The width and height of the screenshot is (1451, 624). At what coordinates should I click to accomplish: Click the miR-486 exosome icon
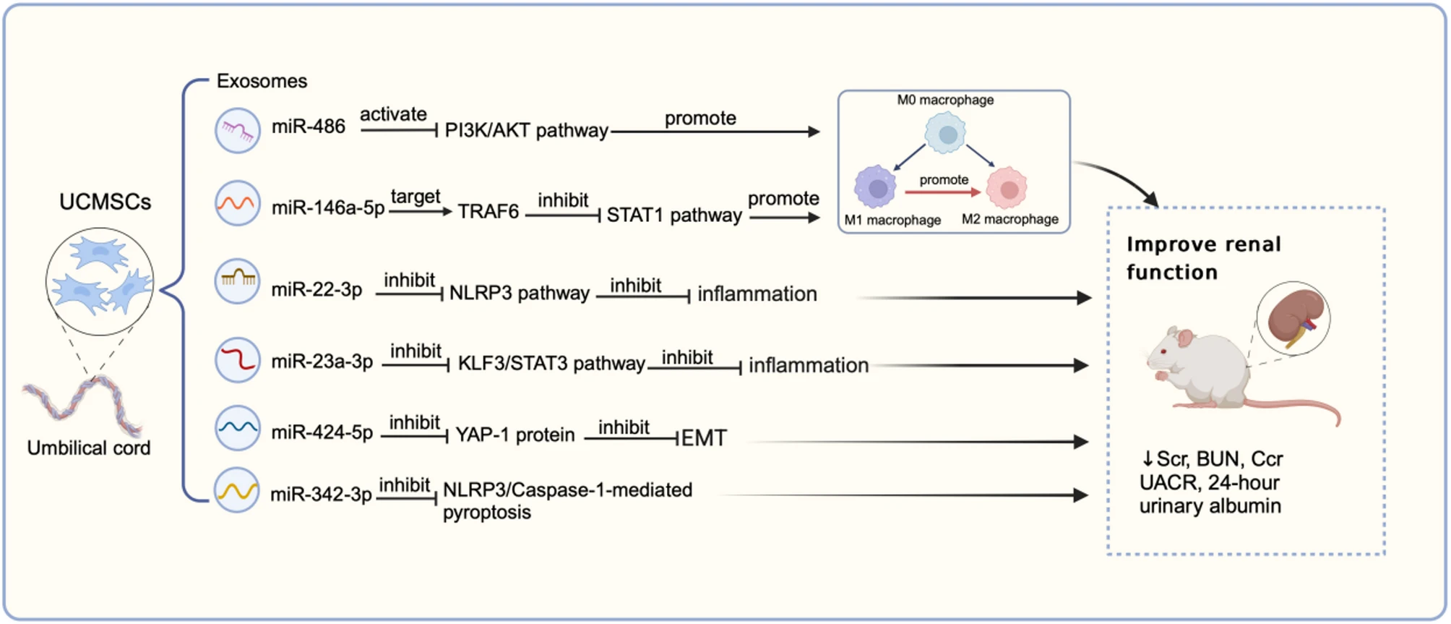tap(237, 131)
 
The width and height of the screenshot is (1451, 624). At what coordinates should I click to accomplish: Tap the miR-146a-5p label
tap(327, 208)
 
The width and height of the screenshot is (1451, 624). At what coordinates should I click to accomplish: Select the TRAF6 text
tap(488, 211)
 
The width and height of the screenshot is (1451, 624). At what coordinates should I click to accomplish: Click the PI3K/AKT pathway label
tap(526, 131)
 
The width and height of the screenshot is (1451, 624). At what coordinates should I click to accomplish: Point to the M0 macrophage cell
tap(945, 134)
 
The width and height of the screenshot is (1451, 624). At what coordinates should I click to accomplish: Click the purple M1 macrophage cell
tap(876, 187)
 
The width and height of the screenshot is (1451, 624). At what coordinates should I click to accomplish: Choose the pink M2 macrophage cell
tap(1007, 188)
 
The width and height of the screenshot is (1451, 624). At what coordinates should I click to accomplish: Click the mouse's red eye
tap(1164, 351)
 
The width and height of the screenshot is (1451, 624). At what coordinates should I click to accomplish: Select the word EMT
tap(704, 438)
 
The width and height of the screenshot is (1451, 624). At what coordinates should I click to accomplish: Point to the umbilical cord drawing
tap(82, 406)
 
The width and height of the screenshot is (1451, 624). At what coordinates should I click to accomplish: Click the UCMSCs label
tap(105, 202)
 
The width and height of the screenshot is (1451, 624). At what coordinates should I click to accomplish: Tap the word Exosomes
tap(262, 81)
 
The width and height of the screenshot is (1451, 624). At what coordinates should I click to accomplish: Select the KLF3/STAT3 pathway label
tap(551, 363)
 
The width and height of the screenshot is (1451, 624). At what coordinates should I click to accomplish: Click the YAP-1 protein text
tap(514, 435)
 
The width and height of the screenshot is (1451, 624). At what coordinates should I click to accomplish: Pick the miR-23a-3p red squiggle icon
tap(237, 359)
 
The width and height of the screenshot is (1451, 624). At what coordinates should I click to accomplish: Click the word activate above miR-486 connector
tap(393, 114)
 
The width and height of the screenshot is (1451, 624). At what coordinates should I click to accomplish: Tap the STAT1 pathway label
tap(673, 215)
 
